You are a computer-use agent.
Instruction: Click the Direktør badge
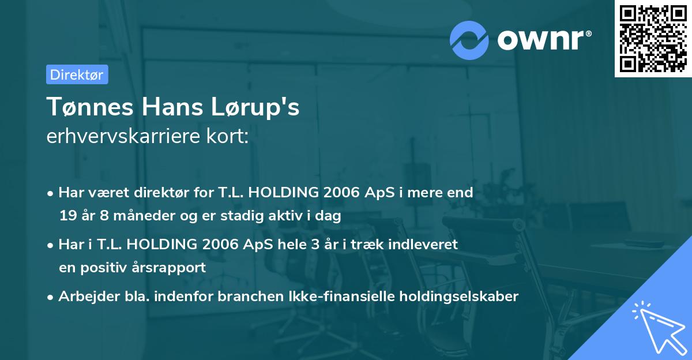point(77,74)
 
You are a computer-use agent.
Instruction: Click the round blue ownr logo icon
point(469,40)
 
